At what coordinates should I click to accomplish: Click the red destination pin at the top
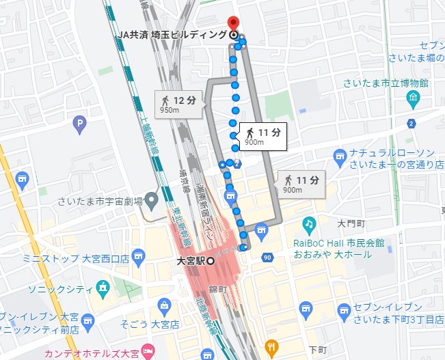[233, 23]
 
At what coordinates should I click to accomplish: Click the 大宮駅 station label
[191, 260]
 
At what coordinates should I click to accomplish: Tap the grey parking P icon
[81, 124]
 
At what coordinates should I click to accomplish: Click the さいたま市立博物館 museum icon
[414, 100]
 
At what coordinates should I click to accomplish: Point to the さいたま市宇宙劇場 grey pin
[152, 201]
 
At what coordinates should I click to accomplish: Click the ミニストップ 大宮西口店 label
[76, 258]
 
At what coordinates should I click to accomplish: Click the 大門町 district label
[352, 223]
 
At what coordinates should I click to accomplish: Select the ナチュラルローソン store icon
[340, 158]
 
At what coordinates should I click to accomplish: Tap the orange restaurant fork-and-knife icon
[272, 346]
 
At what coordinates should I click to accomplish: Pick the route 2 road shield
[411, 124]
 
